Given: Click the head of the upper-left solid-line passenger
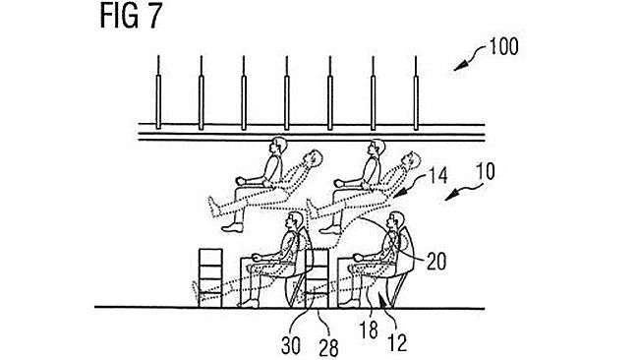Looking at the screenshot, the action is [x=278, y=148].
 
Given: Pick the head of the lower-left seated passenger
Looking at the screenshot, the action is [x=292, y=221].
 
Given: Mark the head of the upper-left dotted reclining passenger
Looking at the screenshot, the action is [x=313, y=156].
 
